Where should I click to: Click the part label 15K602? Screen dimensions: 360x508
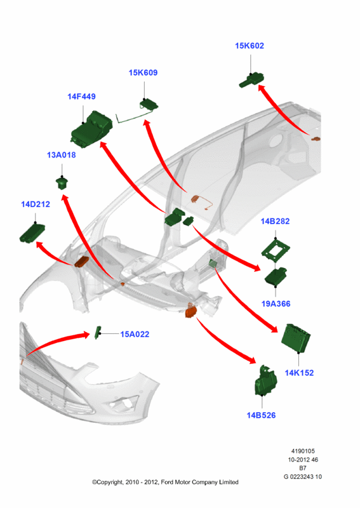[249, 46]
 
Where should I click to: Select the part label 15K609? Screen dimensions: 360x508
[143, 72]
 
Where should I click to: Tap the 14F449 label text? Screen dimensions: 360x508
[81, 97]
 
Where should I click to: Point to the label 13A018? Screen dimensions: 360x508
[61, 155]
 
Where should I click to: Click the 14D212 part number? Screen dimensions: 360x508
[36, 204]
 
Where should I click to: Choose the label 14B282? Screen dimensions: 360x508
[275, 221]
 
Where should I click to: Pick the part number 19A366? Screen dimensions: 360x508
[276, 304]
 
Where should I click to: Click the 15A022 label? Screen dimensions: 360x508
[135, 334]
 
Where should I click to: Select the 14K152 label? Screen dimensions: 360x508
[299, 373]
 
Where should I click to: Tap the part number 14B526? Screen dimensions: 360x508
[261, 415]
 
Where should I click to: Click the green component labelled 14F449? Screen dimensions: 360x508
[91, 130]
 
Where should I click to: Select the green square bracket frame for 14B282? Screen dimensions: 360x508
[276, 249]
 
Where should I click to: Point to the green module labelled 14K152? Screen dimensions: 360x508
[296, 338]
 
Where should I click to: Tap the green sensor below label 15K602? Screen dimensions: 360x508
[251, 81]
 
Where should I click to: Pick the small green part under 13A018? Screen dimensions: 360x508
[62, 183]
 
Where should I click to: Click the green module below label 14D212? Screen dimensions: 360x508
[32, 232]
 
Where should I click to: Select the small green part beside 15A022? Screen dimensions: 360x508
[98, 333]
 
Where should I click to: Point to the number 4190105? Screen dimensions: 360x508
[303, 451]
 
